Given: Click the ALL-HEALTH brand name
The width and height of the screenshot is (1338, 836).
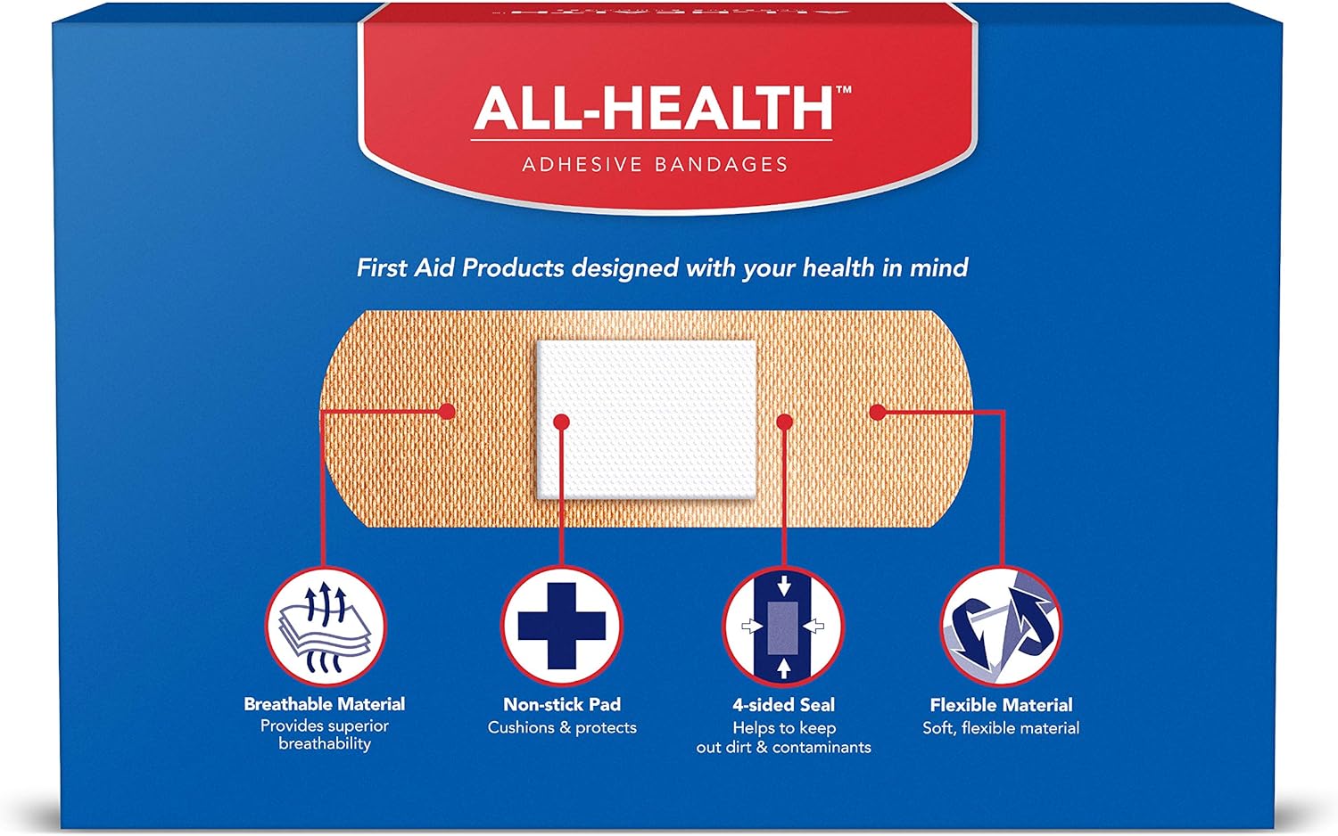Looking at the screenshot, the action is [653, 108].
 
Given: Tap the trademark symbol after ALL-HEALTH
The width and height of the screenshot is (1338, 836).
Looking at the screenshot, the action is [843, 90].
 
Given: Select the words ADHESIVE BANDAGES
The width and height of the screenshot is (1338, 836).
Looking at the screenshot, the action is [655, 165].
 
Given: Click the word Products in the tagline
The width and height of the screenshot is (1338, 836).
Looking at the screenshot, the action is [513, 268].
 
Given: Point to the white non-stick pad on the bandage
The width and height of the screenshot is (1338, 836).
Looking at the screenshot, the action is [647, 420].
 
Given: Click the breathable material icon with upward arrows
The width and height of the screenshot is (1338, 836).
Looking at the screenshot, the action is [326, 627].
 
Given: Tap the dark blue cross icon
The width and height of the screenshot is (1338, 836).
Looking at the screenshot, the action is [561, 627].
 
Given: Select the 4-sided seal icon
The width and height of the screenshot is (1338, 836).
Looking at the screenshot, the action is [783, 627].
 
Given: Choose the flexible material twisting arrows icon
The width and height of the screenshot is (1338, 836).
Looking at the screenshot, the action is [1001, 627].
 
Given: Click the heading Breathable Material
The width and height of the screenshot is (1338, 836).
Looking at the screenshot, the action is [325, 704].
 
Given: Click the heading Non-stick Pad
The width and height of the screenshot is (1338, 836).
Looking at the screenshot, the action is [562, 705].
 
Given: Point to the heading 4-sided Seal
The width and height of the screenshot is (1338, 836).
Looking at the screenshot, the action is [784, 705].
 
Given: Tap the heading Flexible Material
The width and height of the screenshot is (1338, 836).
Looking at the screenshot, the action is [1001, 705].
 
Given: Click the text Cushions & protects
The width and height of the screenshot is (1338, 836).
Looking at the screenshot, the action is [562, 728].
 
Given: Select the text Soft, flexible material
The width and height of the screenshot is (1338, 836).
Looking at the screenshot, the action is [1001, 728].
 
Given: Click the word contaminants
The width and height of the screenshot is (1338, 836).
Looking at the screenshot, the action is [822, 748].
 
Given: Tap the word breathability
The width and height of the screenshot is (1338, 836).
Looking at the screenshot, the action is [325, 744].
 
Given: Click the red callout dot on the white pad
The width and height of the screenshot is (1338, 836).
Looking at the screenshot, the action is [561, 422].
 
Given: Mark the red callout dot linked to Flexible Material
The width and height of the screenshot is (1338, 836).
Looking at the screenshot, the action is [878, 412].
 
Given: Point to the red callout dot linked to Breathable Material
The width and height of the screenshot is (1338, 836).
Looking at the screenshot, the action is [447, 412].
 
